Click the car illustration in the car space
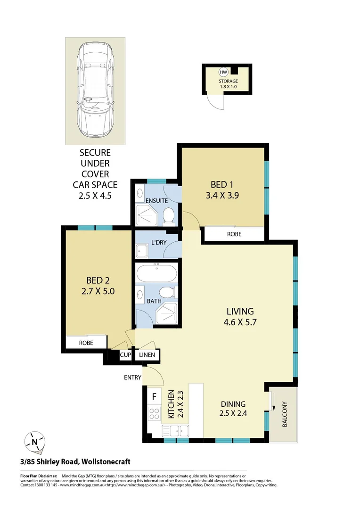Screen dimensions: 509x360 pyautogui.click(x=96, y=89)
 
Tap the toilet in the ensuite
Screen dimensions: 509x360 pyautogui.click(x=168, y=216)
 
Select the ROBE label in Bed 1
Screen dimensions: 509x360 pyautogui.click(x=235, y=233)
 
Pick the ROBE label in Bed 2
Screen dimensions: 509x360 pyautogui.click(x=85, y=343)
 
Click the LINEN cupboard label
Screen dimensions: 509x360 pyautogui.click(x=147, y=355)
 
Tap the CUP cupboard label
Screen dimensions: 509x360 pyautogui.click(x=125, y=355)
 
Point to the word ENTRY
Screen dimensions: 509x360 pyautogui.click(x=132, y=377)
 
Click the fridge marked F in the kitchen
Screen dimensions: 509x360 pyautogui.click(x=154, y=397)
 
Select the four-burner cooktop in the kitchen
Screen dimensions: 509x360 pyautogui.click(x=154, y=414)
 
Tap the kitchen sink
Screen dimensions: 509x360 pyautogui.click(x=175, y=430)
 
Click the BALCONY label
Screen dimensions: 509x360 pyautogui.click(x=284, y=414)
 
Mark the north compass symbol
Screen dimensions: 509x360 pyautogui.click(x=35, y=442)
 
